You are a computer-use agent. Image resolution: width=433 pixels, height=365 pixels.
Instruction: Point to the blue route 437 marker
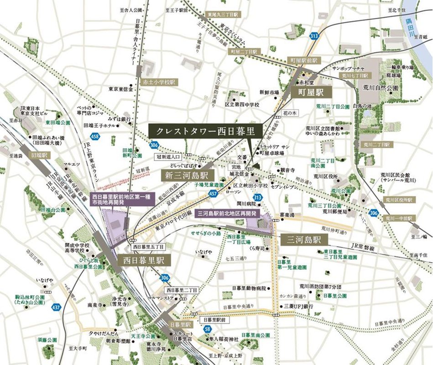56,307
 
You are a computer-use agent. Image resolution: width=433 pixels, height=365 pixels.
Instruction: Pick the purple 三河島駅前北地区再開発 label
227,214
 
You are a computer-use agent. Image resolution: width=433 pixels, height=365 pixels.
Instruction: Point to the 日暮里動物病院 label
249,288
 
